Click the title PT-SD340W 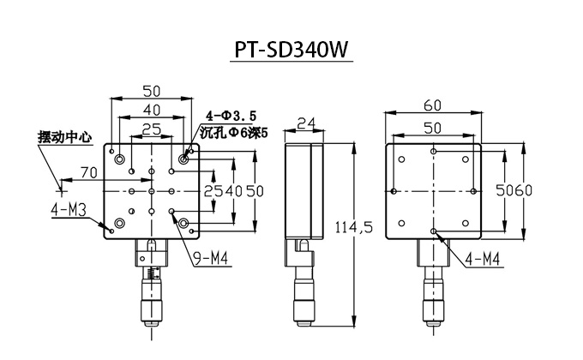pos(291,51)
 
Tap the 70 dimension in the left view pos(87,173)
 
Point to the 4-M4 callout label pos(482,257)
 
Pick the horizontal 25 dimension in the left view pos(151,129)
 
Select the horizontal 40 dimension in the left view pos(151,111)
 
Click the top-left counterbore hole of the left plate pos(120,159)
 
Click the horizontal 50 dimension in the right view pos(434,127)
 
